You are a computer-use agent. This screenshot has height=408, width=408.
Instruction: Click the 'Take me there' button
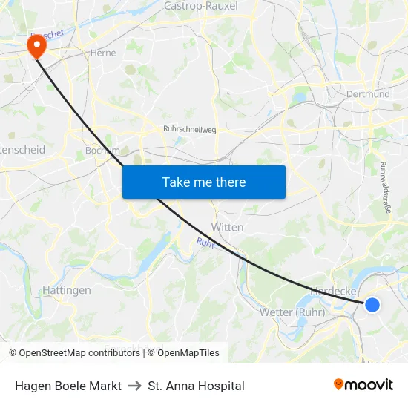203,182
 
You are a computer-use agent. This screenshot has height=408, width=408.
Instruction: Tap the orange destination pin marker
36,46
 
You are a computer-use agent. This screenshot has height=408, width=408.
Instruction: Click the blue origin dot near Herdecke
372,304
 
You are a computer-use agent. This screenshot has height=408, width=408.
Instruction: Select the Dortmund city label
368,94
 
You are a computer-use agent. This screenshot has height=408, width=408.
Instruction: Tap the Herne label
102,53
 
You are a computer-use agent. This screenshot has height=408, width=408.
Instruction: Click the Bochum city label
102,150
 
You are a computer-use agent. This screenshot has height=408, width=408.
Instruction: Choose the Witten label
227,227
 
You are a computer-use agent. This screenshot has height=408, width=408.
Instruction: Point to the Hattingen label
67,290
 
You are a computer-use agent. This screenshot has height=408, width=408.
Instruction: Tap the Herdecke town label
335,292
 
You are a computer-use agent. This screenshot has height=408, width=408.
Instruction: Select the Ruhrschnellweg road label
189,128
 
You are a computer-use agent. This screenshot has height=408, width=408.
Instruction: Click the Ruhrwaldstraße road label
385,188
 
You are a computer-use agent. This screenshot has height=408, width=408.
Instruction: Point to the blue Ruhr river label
205,243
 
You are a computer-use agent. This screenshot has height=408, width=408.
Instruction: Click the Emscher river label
47,36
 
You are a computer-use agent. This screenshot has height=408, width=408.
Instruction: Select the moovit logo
363,384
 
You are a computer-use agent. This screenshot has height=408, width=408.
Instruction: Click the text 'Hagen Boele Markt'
68,386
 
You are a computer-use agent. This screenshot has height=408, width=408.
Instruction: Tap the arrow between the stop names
134,386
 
